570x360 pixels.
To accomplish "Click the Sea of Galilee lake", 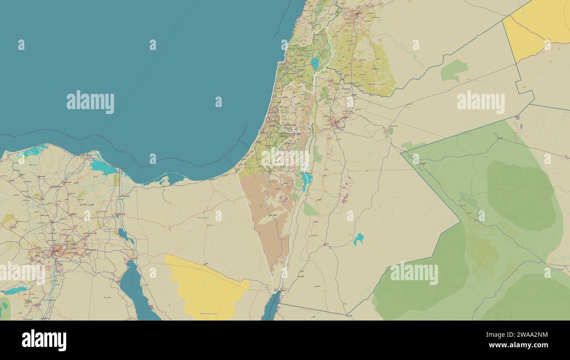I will coord(315,64).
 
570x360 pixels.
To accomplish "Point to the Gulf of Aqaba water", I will coord(271,307).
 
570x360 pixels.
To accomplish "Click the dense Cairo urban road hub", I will coord(55,252).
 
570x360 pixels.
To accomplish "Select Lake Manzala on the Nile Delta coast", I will coord(103,167).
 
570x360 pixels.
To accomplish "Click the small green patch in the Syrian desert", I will coord(453,71).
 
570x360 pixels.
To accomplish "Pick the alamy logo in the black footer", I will coord(44,340).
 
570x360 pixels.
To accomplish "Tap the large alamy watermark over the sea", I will coord(90,102).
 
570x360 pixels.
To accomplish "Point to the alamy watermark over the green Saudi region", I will coord(414,273).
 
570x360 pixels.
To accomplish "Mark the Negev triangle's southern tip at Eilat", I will coord(275,290).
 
